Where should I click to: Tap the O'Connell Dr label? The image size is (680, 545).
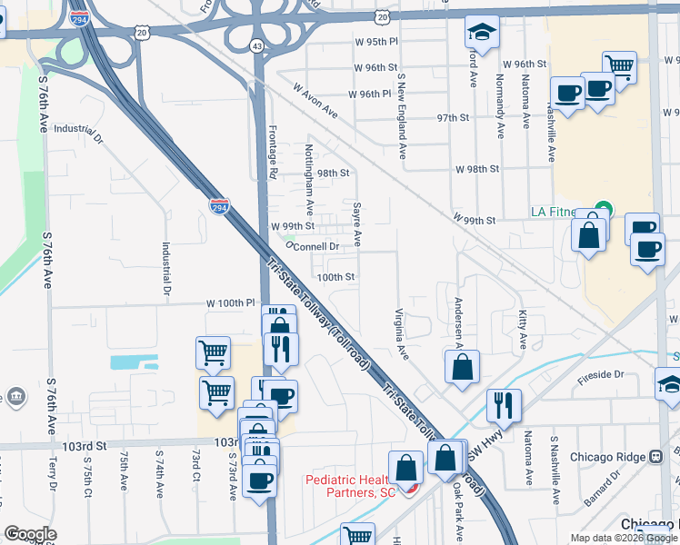(x=313, y=245)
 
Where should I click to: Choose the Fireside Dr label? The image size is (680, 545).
(x=601, y=374)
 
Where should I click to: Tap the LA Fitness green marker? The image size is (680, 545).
(x=602, y=209)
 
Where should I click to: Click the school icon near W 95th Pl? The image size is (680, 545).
(x=481, y=34)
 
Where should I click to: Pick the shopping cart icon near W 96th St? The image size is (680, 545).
(x=618, y=65)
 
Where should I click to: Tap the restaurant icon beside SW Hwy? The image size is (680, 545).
(x=502, y=404)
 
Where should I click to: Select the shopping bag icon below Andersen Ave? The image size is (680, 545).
(x=462, y=368)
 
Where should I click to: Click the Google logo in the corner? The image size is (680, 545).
(x=31, y=534)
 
